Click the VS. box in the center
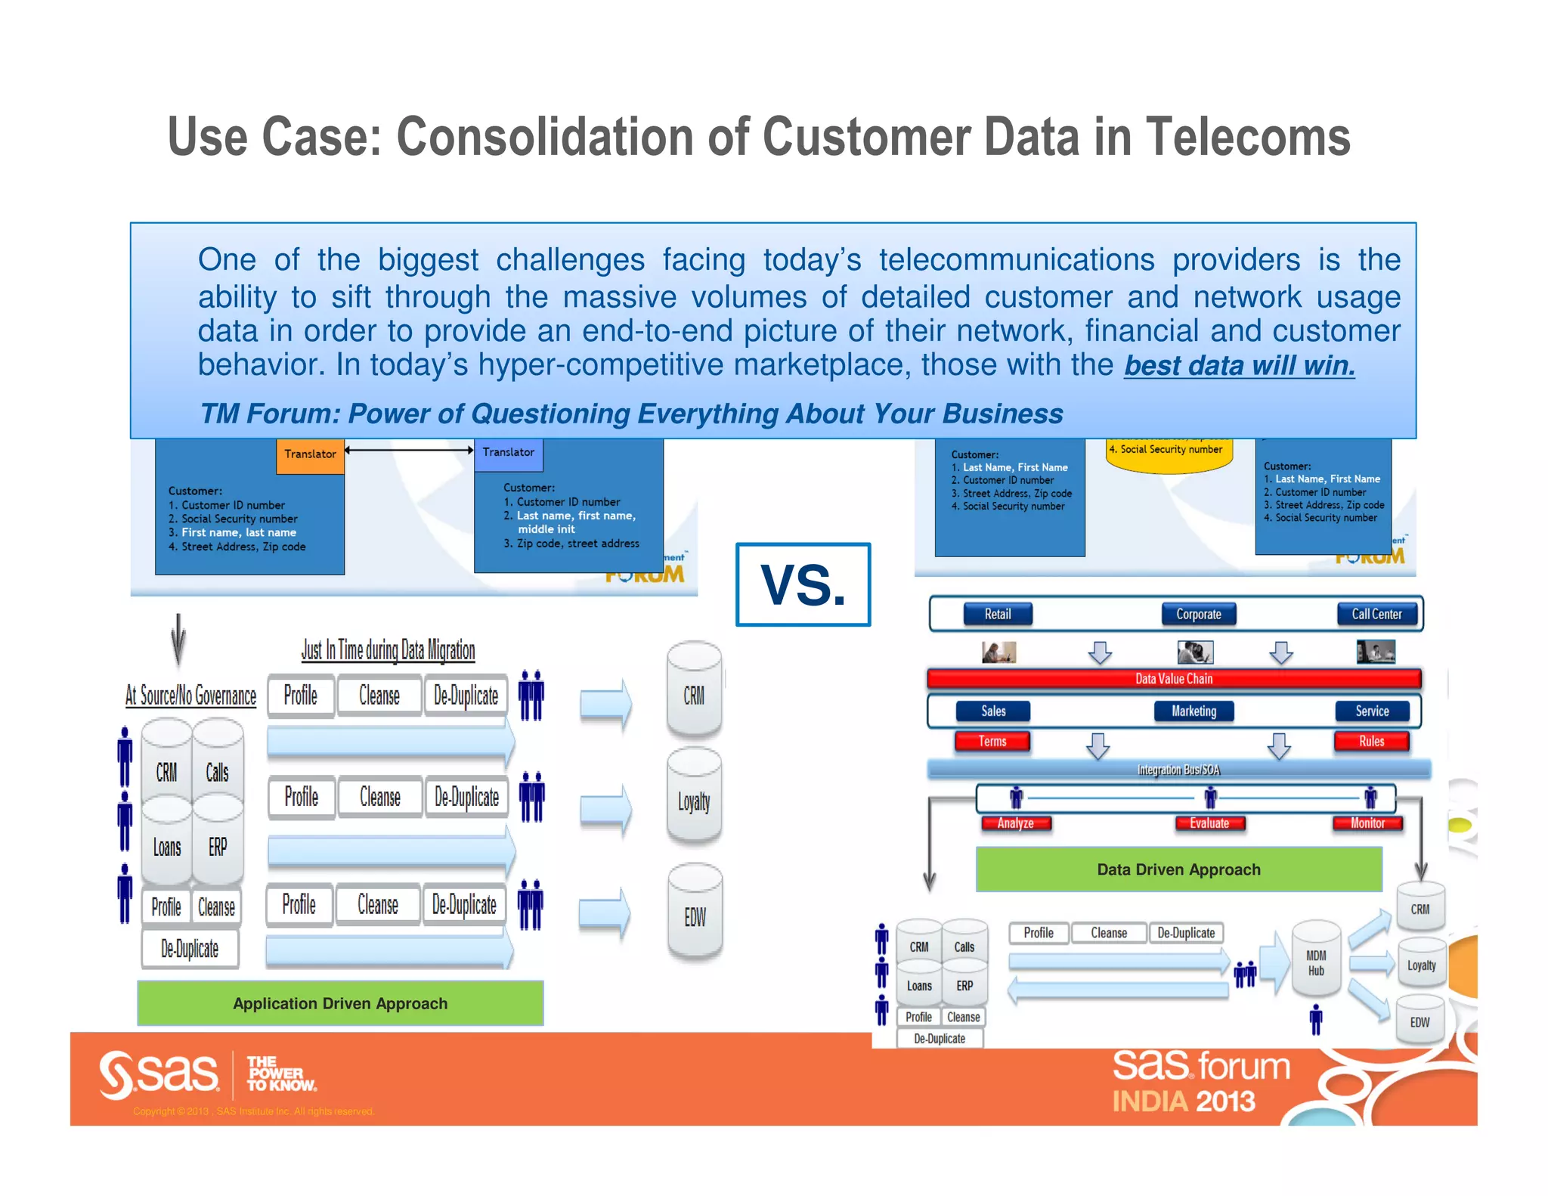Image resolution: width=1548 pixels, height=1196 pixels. tap(803, 584)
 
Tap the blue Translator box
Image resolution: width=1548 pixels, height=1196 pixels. tap(508, 453)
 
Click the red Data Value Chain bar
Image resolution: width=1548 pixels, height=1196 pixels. tap(1173, 679)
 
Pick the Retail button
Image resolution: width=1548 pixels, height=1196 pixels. tap(997, 614)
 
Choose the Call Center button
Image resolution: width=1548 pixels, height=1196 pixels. tap(1376, 614)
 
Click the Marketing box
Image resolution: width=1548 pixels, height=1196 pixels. tap(1194, 711)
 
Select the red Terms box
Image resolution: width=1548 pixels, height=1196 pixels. tap(992, 741)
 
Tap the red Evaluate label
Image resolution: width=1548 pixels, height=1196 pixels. tap(1209, 823)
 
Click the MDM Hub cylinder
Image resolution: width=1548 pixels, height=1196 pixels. tap(1316, 960)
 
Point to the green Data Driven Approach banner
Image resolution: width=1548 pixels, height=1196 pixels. tap(1178, 869)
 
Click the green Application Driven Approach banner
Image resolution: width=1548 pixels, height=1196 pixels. tap(340, 1003)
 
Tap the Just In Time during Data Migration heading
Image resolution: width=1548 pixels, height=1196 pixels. tap(388, 650)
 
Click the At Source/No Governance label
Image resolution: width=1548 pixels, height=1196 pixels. tap(190, 696)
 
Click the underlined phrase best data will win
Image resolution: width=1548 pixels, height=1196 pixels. tap(1239, 366)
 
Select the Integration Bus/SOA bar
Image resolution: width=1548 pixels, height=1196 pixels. tap(1178, 770)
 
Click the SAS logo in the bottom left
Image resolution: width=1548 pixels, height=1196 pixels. tap(159, 1074)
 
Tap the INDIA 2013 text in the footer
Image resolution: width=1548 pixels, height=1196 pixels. tap(1183, 1101)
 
